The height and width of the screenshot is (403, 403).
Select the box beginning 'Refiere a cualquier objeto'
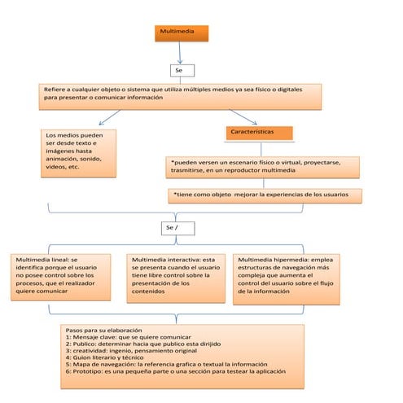tap(181, 94)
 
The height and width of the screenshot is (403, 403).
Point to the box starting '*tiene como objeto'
tap(265, 195)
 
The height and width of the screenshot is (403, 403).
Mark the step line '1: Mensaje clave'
tap(129, 337)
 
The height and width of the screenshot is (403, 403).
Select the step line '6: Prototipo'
tap(175, 371)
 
